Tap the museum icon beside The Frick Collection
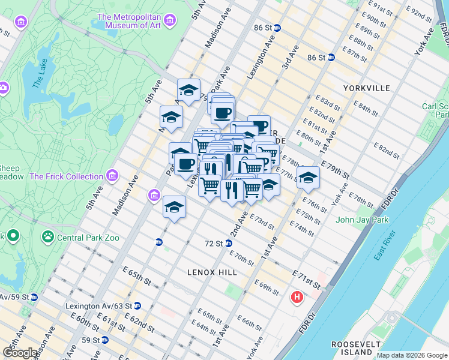(112, 176)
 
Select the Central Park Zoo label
(88, 238)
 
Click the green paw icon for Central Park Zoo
(47, 237)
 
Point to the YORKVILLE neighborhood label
(366, 88)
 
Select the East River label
(387, 245)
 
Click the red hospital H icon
(297, 297)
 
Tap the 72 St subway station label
(214, 244)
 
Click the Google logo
(20, 353)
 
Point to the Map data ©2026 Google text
(412, 355)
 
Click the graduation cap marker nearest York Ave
(308, 177)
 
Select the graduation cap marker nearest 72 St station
(174, 207)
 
